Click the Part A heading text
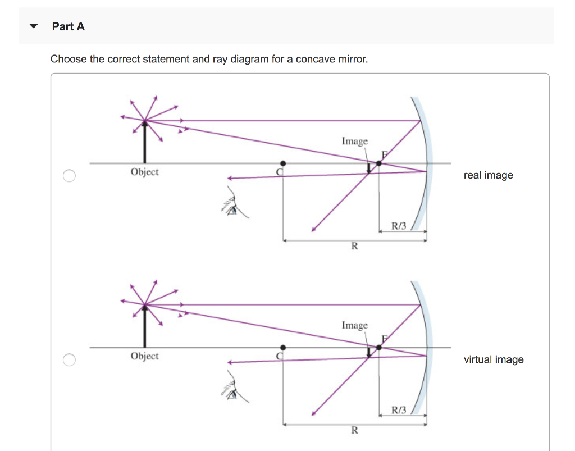(x=68, y=26)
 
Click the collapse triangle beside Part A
(x=34, y=26)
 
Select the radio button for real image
(x=69, y=175)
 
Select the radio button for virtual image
(x=69, y=359)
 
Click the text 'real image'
(x=488, y=175)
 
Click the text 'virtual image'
(x=493, y=359)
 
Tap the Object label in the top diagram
(x=144, y=172)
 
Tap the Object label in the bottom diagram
(x=144, y=356)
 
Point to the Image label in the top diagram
(x=354, y=141)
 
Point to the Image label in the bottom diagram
(x=354, y=325)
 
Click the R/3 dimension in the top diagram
(x=399, y=226)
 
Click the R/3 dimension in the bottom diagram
(x=399, y=411)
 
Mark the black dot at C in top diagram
(x=283, y=163)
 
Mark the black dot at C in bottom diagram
(x=283, y=348)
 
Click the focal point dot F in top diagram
(x=379, y=163)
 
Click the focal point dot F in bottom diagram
(x=379, y=348)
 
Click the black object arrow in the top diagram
(x=145, y=143)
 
